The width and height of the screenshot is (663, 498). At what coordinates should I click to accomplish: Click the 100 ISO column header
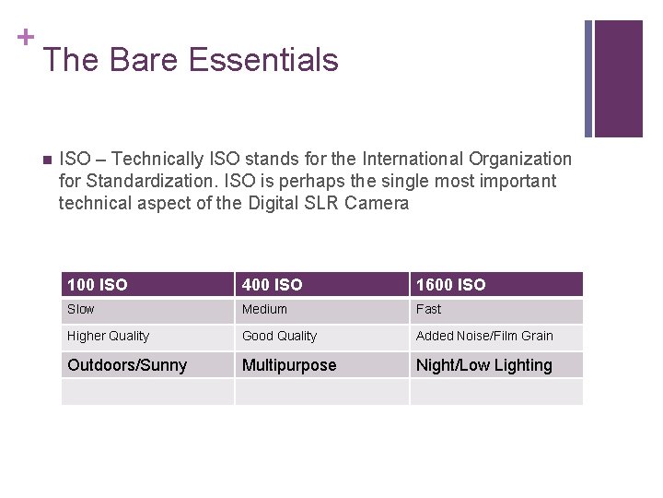98,285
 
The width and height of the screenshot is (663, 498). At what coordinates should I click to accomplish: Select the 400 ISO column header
272,285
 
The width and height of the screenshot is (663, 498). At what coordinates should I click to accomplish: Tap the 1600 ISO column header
450,285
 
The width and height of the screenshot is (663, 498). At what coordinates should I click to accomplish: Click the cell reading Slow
80,310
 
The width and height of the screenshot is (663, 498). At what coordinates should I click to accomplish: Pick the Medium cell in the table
264,310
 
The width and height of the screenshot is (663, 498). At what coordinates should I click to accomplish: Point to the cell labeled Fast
428,310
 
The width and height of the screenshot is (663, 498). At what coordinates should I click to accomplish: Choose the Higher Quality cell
108,337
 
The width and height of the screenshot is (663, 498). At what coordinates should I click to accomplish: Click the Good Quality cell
279,337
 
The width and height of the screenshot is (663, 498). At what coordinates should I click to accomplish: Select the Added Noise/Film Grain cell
484,337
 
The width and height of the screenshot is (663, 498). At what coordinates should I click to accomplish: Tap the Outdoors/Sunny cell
127,365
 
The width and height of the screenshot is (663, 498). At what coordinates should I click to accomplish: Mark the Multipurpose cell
289,365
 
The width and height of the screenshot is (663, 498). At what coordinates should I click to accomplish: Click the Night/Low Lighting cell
484,365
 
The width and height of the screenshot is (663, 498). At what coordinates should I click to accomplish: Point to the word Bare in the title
144,61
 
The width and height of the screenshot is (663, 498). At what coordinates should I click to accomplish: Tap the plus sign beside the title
26,37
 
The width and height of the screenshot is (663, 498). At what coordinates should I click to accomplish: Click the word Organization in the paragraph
517,160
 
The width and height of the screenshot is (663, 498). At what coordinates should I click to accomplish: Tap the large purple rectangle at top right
618,78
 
